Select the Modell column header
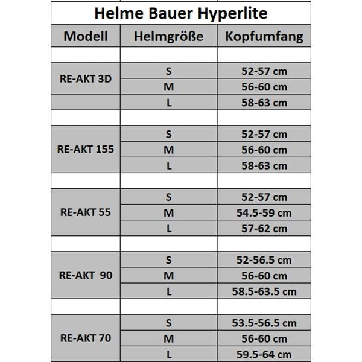(x=86, y=36)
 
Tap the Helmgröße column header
(x=168, y=36)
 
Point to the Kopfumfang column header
(x=264, y=36)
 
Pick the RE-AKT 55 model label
(x=86, y=212)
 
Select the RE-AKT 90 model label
(x=87, y=275)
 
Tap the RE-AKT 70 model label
(x=86, y=338)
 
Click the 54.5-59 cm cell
(x=263, y=212)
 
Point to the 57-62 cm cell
(x=263, y=229)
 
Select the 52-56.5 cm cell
(x=263, y=260)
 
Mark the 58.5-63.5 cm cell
(x=264, y=291)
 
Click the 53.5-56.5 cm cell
(x=264, y=323)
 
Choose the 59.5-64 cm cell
(x=263, y=354)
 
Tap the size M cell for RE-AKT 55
(x=169, y=212)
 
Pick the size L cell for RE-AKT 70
(x=169, y=354)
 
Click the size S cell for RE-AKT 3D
(x=169, y=71)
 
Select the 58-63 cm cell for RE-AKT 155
(x=263, y=165)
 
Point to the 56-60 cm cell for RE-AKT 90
(x=263, y=276)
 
